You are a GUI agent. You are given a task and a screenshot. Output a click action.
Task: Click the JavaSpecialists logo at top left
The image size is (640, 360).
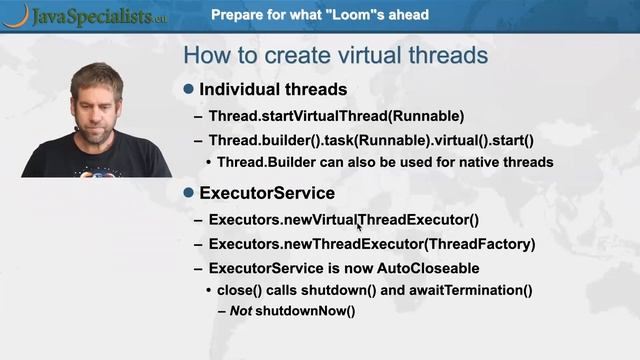tap(85, 15)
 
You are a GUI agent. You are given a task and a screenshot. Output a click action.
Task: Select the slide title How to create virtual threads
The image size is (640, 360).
tap(335, 55)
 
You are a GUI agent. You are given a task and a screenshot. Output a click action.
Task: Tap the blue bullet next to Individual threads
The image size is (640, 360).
tap(189, 89)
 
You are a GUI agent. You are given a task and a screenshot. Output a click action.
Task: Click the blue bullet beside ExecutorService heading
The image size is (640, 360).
tap(189, 192)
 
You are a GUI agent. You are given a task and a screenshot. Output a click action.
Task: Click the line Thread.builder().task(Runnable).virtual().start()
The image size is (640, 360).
tap(370, 140)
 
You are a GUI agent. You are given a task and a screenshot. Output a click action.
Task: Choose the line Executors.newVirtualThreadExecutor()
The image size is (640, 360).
tap(343, 220)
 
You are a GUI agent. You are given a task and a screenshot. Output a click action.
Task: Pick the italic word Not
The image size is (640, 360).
tap(240, 311)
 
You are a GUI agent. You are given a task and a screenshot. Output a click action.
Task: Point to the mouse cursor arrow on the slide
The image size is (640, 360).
tap(358, 227)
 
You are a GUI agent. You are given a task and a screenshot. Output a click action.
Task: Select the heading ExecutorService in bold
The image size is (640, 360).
tap(267, 193)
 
